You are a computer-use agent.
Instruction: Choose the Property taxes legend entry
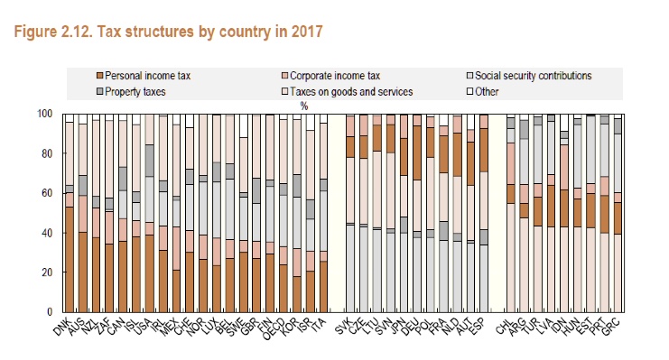pos(133,90)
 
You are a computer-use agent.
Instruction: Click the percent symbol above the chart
pos(305,105)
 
